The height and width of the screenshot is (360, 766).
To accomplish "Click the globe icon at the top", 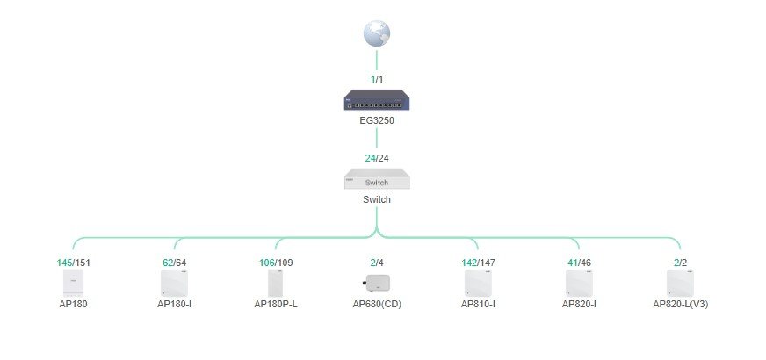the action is coord(377,33).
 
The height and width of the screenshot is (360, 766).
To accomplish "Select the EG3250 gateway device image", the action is coord(377,100).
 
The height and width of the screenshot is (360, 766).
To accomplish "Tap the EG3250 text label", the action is coord(377,120).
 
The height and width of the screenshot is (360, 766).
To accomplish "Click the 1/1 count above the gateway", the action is coord(377,79).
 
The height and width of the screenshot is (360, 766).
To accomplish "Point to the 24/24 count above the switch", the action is coord(377,158).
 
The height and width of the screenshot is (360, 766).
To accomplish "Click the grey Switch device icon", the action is coord(377,179).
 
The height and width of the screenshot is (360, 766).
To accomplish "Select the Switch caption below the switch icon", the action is coord(377,199).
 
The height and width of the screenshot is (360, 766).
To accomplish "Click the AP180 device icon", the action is coord(73,284).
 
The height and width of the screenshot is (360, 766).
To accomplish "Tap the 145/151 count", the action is coord(73,263).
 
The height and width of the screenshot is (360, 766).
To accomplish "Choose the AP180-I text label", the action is coord(175,304).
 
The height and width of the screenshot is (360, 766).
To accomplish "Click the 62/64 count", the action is coord(175,263).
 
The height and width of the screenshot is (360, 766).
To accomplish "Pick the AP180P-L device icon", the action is coord(276,284).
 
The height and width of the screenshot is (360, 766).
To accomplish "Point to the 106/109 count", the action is coord(276,263).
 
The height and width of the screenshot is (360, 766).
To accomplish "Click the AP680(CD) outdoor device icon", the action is coord(376,283).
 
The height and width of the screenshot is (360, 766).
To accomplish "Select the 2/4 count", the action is coord(377,263).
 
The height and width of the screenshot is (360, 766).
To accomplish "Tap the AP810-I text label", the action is coord(478,304).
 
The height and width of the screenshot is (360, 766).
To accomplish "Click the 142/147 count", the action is coord(478,263).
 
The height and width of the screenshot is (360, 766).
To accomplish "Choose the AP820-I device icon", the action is coord(579,284).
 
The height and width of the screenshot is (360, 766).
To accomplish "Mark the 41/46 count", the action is coord(579,263).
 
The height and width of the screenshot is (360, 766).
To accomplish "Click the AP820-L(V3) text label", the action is coord(680,304).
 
